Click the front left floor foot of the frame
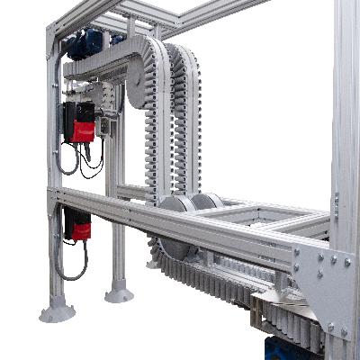tap(57, 310)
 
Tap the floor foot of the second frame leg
tap(118, 292)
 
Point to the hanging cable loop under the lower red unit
tap(72, 265)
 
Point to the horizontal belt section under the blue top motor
tap(99, 65)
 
